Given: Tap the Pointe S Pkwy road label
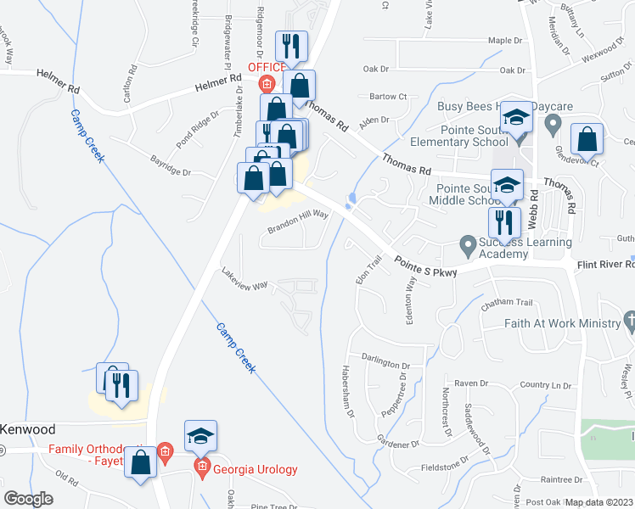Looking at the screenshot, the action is click(x=424, y=267).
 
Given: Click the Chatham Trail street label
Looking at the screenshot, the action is click(x=506, y=303).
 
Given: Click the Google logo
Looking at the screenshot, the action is click(x=28, y=499).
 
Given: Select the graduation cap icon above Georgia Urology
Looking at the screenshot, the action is click(x=201, y=436).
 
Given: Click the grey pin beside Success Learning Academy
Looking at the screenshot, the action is click(x=467, y=247).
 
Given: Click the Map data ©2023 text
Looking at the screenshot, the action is click(x=598, y=502).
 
